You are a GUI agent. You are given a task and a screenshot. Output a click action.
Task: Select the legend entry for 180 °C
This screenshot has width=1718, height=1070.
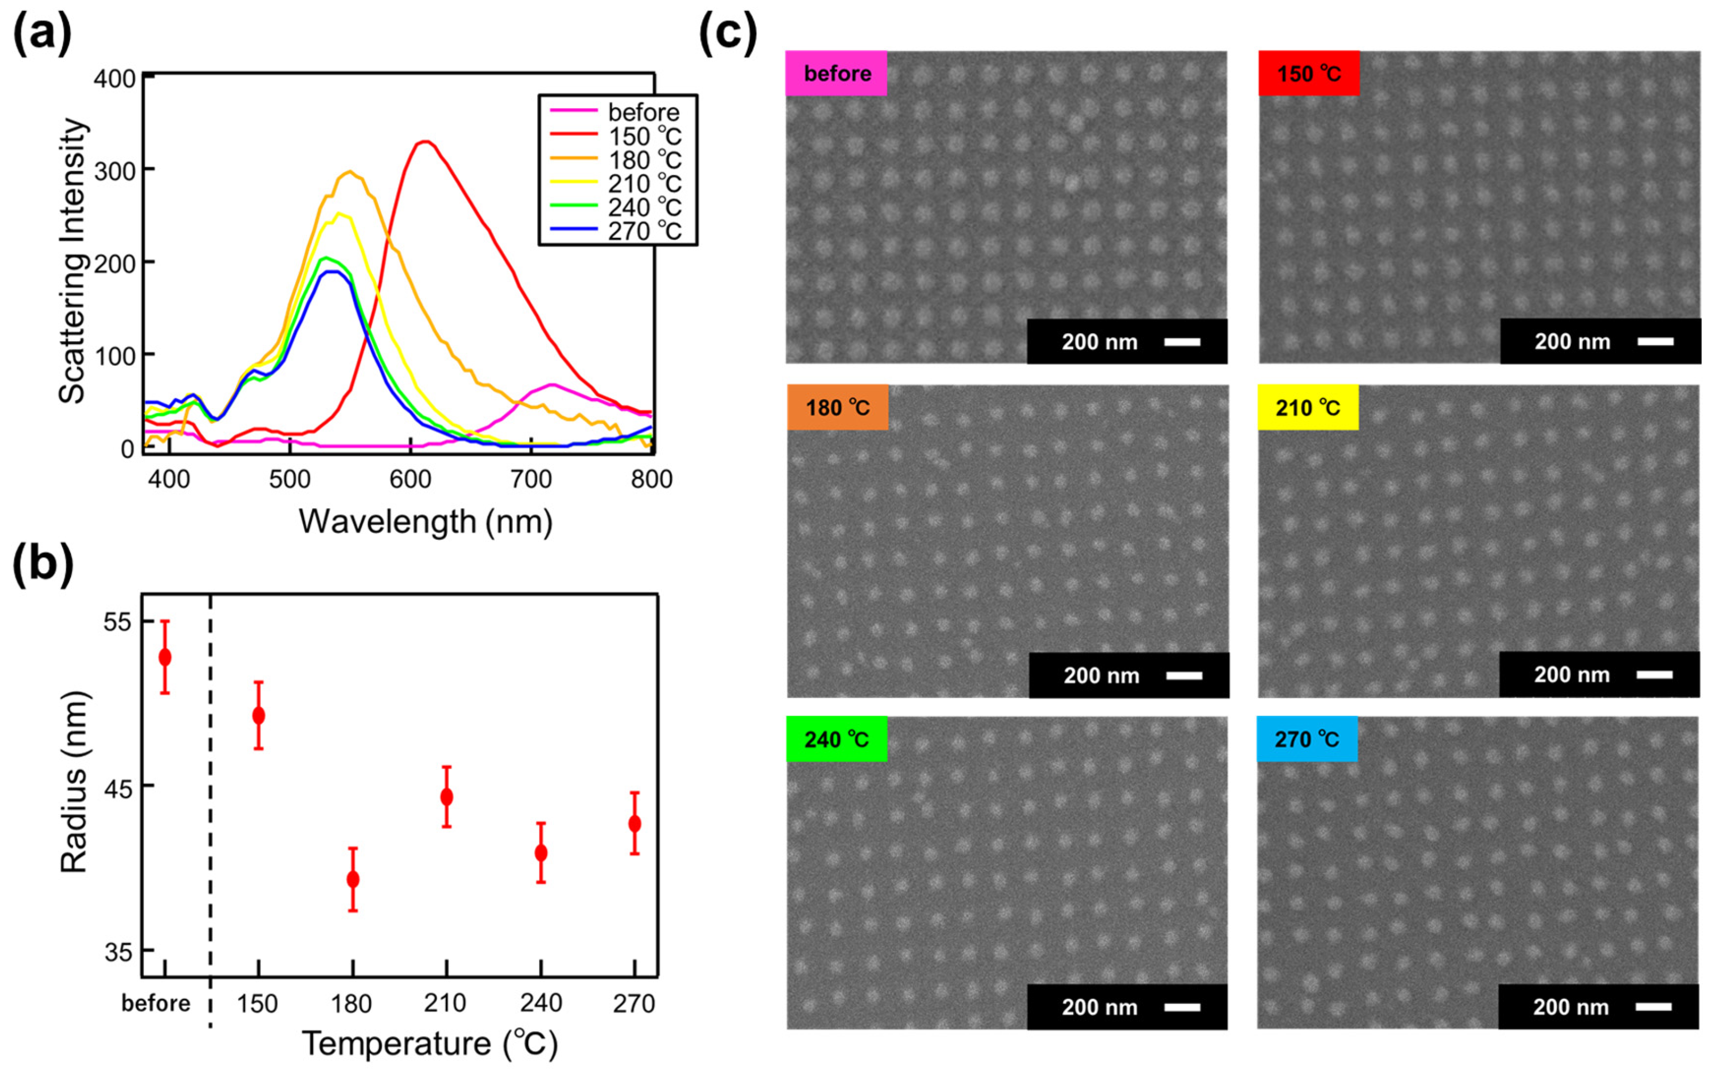coord(644,160)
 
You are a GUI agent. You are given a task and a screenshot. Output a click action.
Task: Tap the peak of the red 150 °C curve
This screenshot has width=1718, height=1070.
coord(423,142)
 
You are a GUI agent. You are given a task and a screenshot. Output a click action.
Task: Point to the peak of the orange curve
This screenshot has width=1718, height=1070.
coord(350,171)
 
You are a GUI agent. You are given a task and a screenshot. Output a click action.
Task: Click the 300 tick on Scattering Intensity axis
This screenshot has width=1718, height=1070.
coord(118,170)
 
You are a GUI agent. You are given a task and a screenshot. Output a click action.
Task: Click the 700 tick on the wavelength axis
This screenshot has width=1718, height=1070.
coord(531,479)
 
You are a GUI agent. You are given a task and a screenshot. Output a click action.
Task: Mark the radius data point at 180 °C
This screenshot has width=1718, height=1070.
coord(352,879)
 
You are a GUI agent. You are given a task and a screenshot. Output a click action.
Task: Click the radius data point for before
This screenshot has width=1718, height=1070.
coord(165,657)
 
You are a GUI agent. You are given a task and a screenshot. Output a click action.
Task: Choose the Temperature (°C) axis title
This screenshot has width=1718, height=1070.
coord(429,1044)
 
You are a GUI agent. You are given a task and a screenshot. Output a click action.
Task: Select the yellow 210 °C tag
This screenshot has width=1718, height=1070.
coord(1308,408)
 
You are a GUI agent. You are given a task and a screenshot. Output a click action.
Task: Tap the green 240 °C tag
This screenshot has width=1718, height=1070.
coord(837,739)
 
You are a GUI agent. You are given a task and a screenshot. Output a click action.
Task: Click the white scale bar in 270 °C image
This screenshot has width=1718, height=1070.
coord(1654,1006)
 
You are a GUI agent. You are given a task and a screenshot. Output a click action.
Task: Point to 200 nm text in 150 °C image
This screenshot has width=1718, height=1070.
coord(1572,342)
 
